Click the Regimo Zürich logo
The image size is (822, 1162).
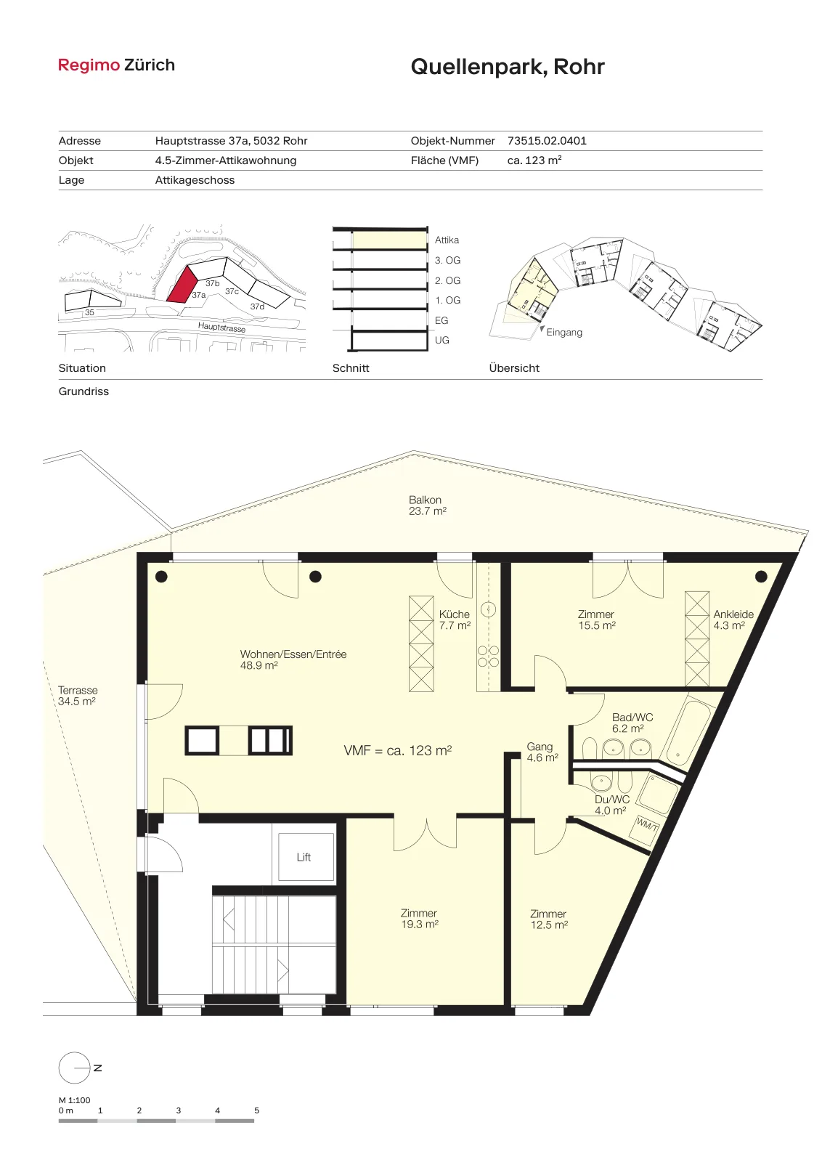click(x=116, y=65)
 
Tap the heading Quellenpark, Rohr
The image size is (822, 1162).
click(x=507, y=67)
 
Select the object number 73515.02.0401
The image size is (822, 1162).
click(x=547, y=141)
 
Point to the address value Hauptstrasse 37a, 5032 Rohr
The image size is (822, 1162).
click(x=232, y=141)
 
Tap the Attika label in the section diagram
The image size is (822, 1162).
click(x=447, y=240)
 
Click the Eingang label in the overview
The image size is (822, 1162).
click(x=564, y=332)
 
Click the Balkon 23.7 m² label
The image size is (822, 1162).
click(x=427, y=505)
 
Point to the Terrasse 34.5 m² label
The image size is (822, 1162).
click(x=77, y=696)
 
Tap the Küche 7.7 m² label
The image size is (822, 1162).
click(x=455, y=620)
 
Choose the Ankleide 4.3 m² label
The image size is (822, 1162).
click(x=733, y=620)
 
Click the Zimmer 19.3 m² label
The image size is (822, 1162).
click(x=419, y=919)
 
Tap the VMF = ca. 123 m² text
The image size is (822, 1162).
click(x=398, y=751)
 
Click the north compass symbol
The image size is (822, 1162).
click(x=76, y=1068)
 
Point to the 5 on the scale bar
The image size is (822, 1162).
click(x=257, y=1110)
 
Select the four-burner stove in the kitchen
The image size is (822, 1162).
click(x=488, y=656)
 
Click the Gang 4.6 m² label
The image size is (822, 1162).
click(x=542, y=752)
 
